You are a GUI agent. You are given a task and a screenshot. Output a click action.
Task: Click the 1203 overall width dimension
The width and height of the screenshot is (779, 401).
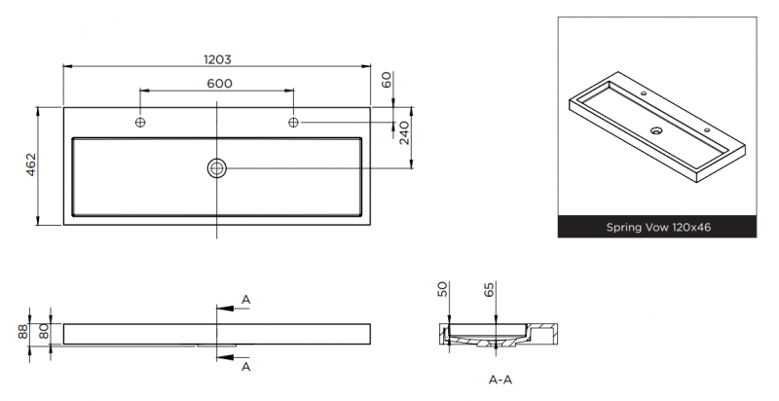click(217, 58)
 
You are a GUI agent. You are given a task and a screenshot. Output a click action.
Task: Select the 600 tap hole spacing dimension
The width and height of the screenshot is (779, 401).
click(219, 83)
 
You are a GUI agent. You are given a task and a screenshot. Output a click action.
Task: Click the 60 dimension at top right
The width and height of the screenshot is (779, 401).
click(387, 81)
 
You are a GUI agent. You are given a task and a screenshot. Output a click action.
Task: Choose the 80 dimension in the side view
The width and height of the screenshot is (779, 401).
click(44, 332)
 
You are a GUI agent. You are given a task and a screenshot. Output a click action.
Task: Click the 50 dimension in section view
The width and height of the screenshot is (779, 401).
click(443, 289)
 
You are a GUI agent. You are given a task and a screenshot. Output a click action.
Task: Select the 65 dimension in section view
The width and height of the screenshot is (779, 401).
click(489, 289)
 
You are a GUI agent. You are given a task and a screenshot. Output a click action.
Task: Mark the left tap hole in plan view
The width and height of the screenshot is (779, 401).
click(140, 122)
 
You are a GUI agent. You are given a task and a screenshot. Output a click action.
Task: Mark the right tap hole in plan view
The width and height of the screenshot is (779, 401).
click(294, 122)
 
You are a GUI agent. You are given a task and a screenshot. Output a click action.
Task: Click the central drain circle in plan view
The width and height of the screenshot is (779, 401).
click(216, 167)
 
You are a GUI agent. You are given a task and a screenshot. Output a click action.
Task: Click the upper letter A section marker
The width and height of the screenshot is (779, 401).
click(245, 299)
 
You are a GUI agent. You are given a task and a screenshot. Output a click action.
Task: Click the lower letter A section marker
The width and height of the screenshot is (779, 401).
click(245, 367)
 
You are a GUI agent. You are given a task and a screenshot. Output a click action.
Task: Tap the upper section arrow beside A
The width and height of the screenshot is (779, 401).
click(226, 308)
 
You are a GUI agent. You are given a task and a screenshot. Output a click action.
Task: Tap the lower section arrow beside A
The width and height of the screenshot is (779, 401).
click(226, 358)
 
